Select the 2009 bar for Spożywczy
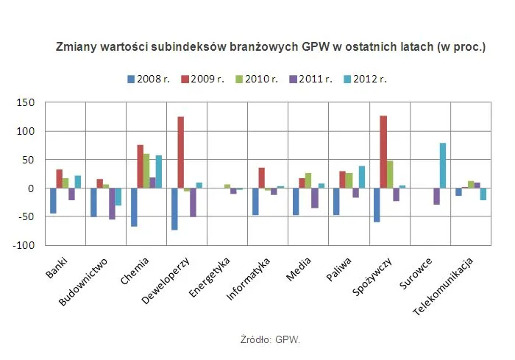[x=383, y=152]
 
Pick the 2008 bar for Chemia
[x=133, y=207]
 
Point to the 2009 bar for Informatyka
[x=261, y=177]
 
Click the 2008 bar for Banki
[x=53, y=200]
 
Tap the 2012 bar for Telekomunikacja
[x=483, y=194]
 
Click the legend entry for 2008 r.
[x=149, y=79]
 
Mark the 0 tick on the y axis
[x=32, y=188]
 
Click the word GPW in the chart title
[x=316, y=46]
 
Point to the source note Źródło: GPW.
[x=270, y=340]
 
